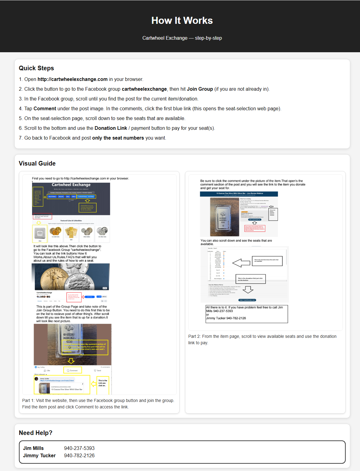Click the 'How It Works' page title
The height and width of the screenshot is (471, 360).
pyautogui.click(x=182, y=20)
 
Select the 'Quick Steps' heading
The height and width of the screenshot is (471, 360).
pyautogui.click(x=36, y=68)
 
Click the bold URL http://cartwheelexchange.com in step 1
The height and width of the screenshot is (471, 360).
pyautogui.click(x=72, y=79)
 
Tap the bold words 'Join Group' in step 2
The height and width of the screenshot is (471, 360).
pyautogui.click(x=200, y=89)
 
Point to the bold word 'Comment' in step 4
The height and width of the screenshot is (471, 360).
pyautogui.click(x=45, y=109)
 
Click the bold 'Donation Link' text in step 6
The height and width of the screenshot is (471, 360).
pyautogui.click(x=111, y=128)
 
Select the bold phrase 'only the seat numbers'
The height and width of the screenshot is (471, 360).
pyautogui.click(x=118, y=138)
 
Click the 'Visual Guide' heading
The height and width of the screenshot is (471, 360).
pyautogui.click(x=37, y=163)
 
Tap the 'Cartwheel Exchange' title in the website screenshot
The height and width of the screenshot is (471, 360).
pyautogui.click(x=71, y=185)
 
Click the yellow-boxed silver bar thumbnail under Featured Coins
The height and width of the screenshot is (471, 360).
pyautogui.click(x=40, y=234)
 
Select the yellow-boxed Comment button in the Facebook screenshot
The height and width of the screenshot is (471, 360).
pyautogui.click(x=72, y=370)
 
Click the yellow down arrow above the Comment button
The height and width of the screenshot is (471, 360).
pyautogui.click(x=71, y=361)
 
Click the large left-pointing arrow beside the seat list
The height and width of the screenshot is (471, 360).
pyautogui.click(x=241, y=263)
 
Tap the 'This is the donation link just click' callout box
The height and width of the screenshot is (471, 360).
pyautogui.click(x=250, y=279)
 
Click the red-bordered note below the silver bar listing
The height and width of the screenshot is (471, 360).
pyautogui.click(x=255, y=228)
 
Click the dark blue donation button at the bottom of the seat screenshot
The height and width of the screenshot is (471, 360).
pyautogui.click(x=247, y=300)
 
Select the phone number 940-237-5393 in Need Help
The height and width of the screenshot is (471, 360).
pyautogui.click(x=79, y=448)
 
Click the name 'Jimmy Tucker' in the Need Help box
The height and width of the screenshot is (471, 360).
pyautogui.click(x=39, y=455)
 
